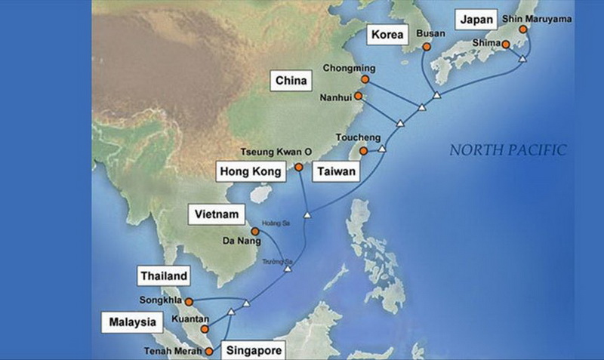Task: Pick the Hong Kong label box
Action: (x=251, y=172)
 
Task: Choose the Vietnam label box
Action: (x=217, y=215)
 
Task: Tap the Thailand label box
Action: (x=163, y=276)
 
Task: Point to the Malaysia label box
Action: (x=131, y=323)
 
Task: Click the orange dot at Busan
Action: (x=426, y=47)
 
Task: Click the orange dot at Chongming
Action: (x=365, y=79)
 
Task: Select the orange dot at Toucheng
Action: (x=363, y=152)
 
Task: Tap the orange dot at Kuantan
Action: (x=204, y=329)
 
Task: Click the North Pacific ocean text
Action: (x=507, y=150)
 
